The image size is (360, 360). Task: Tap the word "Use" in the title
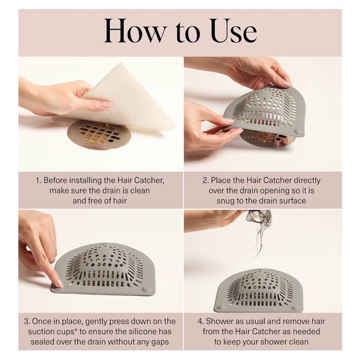coord(232,30)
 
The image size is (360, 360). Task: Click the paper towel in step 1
coord(128,102)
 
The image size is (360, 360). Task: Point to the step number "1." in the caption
coord(38,181)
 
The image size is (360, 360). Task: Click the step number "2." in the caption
coord(205,181)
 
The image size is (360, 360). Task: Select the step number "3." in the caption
coord(27,322)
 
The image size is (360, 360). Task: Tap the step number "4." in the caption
coord(200,322)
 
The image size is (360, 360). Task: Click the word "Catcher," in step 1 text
coord(149,181)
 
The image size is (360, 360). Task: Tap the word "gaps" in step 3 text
coord(161,342)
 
